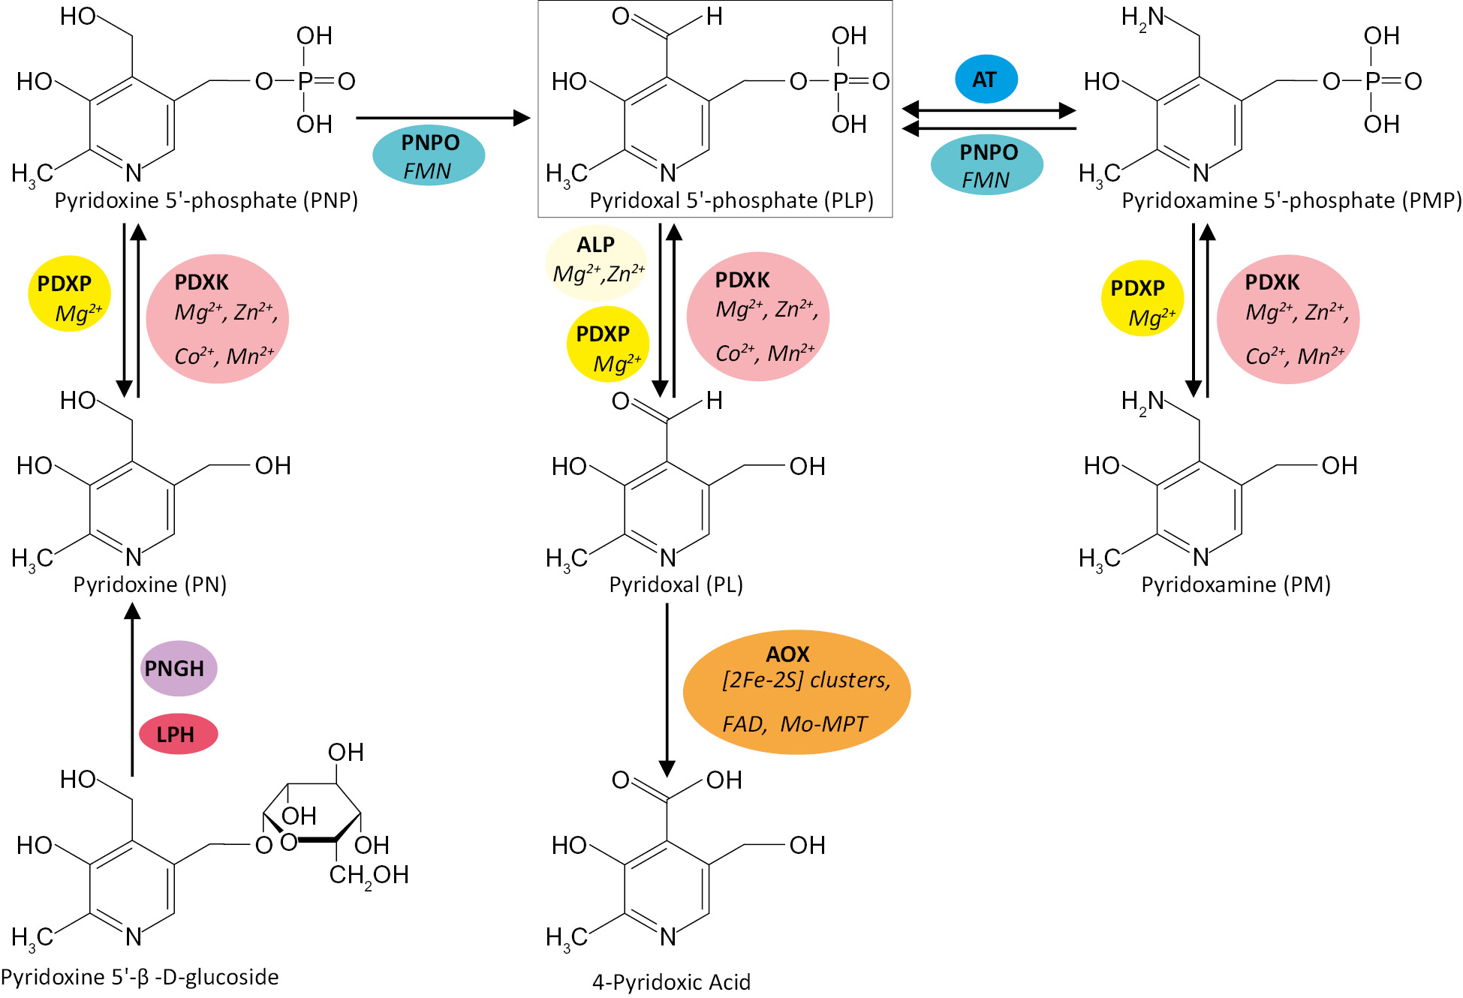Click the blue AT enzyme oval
[986, 79]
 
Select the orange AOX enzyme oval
[796, 691]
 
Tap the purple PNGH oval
[179, 668]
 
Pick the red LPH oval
[178, 734]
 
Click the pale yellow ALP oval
[596, 262]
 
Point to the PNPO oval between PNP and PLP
[429, 156]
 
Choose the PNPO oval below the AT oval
[986, 165]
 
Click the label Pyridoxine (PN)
[149, 585]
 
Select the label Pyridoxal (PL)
[676, 585]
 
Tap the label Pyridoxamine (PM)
[1236, 585]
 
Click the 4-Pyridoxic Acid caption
[671, 981]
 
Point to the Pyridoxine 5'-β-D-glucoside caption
[140, 977]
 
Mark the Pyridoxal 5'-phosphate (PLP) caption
[731, 200]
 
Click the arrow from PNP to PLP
[443, 118]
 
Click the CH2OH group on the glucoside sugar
[369, 875]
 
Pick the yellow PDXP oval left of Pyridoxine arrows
[69, 296]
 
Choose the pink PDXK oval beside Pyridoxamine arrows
[1288, 319]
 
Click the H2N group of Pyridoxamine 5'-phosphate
[1142, 17]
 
